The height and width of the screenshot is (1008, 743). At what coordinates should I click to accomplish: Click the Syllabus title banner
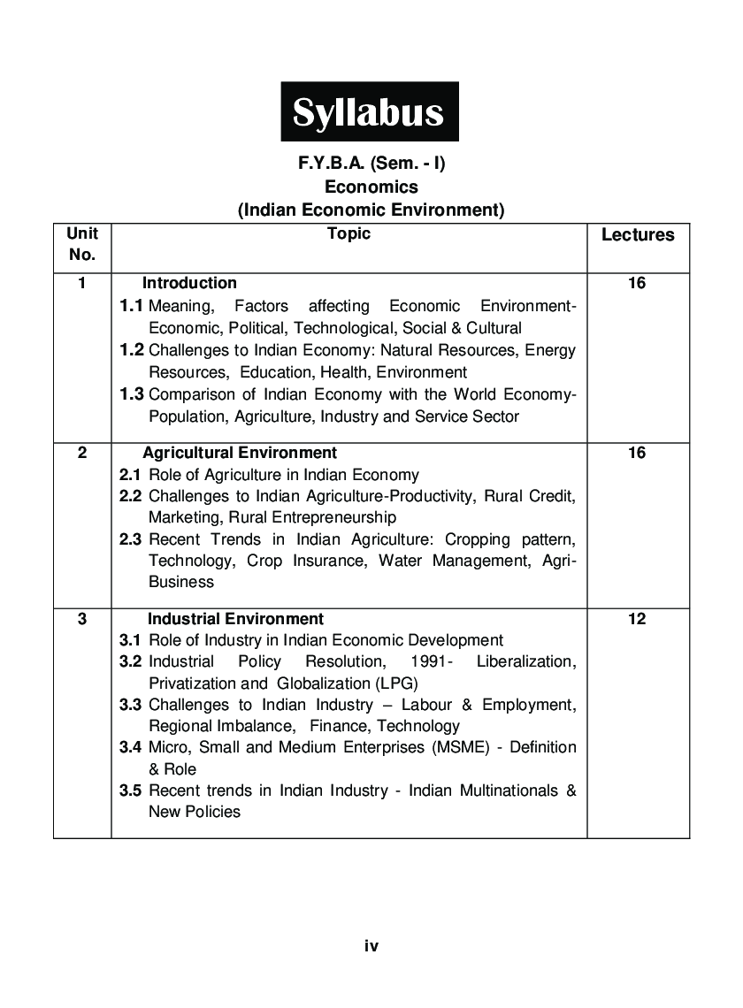[x=370, y=112]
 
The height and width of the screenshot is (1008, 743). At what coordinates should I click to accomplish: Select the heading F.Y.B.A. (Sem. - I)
[x=371, y=164]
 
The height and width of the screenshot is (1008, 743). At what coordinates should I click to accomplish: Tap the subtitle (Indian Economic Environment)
[x=371, y=210]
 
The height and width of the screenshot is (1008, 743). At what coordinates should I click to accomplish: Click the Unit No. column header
[x=82, y=244]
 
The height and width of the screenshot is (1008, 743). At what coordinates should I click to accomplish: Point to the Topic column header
[x=349, y=233]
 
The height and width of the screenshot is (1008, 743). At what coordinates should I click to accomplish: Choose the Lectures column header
[x=638, y=235]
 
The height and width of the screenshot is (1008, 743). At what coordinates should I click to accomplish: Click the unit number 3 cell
[x=82, y=619]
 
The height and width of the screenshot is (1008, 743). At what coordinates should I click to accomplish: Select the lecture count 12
[x=637, y=619]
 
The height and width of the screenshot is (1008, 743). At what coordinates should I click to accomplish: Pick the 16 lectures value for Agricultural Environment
[x=637, y=453]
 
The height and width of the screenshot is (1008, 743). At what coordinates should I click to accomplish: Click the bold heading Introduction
[x=189, y=283]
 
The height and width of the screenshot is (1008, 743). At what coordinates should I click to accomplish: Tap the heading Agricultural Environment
[x=240, y=453]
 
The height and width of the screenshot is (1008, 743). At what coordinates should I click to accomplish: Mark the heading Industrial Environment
[x=235, y=619]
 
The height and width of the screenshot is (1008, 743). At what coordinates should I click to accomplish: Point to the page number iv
[x=371, y=946]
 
